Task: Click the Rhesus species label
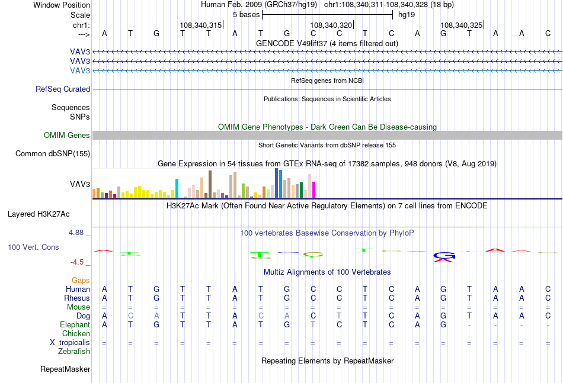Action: point(77,298)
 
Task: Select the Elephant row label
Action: point(75,324)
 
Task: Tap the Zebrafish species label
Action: point(74,352)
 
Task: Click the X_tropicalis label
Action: point(70,343)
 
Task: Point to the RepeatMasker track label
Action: point(65,369)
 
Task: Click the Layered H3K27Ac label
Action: point(39,214)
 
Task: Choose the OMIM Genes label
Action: point(67,135)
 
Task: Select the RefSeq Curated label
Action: point(63,89)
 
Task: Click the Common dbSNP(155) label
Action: point(53,153)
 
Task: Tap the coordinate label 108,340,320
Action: point(331,25)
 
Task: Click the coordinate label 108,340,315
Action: point(201,25)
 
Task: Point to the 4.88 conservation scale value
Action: point(76,233)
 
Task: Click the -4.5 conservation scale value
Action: point(77,262)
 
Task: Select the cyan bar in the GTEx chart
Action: point(177,188)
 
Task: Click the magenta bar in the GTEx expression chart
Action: point(314,189)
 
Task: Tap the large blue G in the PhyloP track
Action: point(444,255)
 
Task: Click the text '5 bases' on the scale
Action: point(247,15)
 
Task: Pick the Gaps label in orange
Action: point(81,280)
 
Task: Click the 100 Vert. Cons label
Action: point(33,247)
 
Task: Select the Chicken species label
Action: point(76,333)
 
